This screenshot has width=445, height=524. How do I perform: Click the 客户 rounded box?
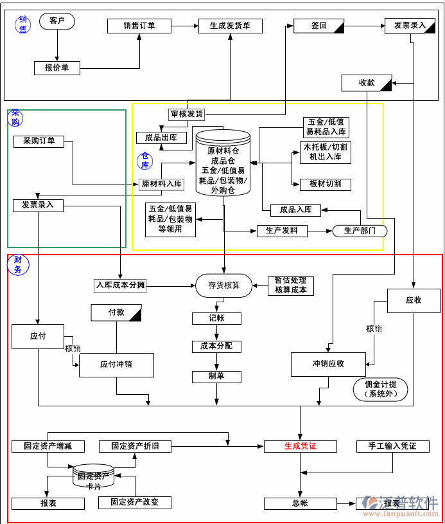pos(57,21)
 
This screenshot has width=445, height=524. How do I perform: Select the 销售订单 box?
pos(139,26)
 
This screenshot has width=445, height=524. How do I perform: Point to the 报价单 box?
pos(57,68)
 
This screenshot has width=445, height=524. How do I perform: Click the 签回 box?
pos(319,26)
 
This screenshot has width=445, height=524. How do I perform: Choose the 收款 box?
pos(367,82)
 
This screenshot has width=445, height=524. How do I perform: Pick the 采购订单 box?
pos(39,141)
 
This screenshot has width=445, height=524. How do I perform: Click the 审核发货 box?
pos(186,114)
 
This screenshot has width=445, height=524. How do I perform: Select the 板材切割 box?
pos(326,184)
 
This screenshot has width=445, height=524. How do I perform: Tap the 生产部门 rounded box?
pos(360,230)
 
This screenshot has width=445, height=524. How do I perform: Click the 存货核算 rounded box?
pos(224,285)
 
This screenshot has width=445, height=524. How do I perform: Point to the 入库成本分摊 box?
pos(121,284)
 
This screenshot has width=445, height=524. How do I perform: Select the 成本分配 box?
pos(216,347)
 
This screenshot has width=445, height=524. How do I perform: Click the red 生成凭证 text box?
pos(301,446)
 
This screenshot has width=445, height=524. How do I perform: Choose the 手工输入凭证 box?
pos(392,446)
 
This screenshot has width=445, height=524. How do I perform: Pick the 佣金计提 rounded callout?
pos(381,389)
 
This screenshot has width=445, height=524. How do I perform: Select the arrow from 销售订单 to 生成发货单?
pos(184,26)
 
